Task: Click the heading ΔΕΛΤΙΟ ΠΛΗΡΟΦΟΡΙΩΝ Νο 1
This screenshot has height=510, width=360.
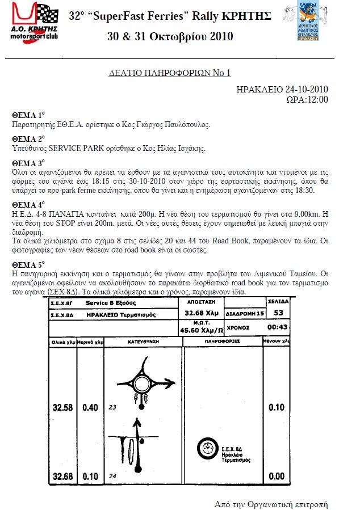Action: pos(169,73)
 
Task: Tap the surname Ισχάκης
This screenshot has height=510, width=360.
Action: pos(187,149)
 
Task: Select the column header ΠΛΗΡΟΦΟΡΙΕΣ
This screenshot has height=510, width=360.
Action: pos(224,342)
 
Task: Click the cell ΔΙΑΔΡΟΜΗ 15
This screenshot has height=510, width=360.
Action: pos(245,313)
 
